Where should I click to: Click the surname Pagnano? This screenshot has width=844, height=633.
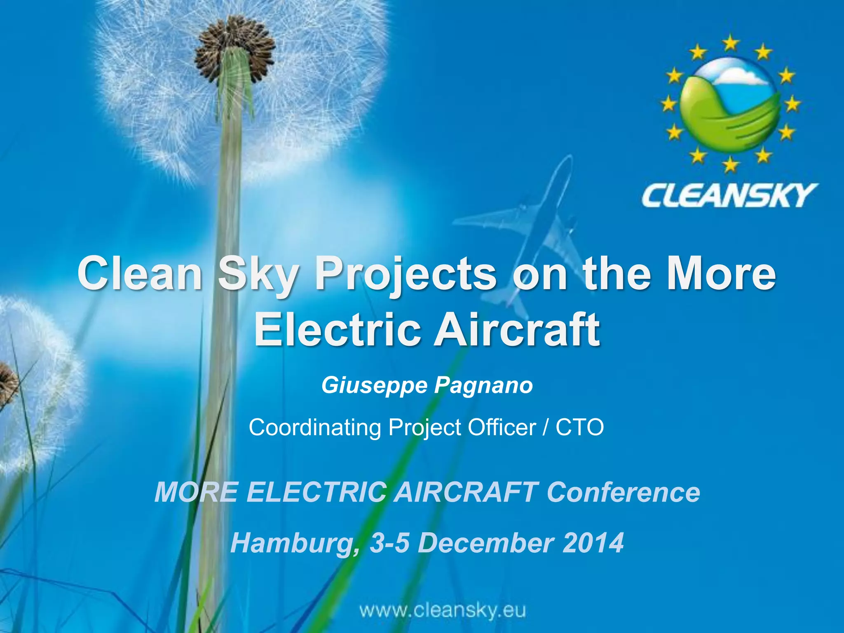pyautogui.click(x=483, y=386)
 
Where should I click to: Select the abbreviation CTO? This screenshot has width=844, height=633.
pyautogui.click(x=579, y=427)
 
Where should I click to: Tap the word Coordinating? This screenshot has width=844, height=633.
pyautogui.click(x=314, y=427)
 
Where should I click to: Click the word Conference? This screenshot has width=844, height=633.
pyautogui.click(x=623, y=492)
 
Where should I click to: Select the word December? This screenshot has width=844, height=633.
pyautogui.click(x=485, y=543)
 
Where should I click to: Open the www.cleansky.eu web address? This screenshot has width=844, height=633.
pyautogui.click(x=443, y=611)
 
